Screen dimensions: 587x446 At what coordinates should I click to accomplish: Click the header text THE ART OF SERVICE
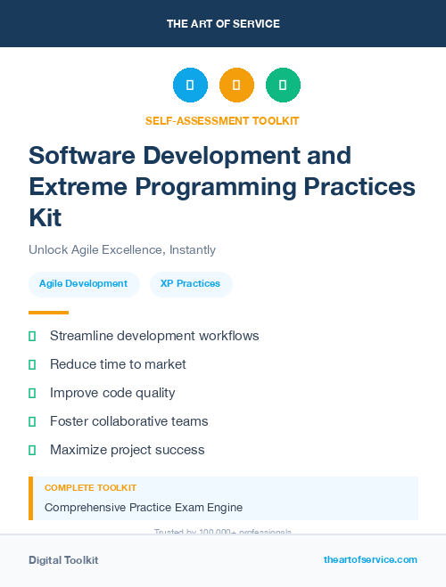tap(223, 24)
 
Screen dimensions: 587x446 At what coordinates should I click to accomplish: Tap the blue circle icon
tap(190, 86)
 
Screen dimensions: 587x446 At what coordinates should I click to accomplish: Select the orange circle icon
tap(236, 86)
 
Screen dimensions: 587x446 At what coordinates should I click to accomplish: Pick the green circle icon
tap(283, 86)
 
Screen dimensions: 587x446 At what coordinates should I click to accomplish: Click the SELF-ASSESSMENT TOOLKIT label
tap(222, 120)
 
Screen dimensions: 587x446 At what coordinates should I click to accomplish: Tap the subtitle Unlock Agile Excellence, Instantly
tap(122, 250)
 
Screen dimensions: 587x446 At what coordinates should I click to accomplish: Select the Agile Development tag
tap(83, 283)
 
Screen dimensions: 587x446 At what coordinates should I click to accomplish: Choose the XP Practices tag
tap(190, 283)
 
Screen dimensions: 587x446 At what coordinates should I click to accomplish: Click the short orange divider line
tap(48, 313)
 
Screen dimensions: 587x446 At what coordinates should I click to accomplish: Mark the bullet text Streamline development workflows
tap(154, 336)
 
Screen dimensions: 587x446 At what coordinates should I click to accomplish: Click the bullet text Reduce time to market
tap(118, 364)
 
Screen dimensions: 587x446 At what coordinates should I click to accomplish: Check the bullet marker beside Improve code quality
tap(32, 393)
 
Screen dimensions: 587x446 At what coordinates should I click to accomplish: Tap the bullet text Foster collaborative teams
tap(128, 421)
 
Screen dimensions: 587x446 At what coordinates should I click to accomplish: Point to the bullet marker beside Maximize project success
tap(32, 450)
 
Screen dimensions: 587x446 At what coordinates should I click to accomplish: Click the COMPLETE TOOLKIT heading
tap(90, 488)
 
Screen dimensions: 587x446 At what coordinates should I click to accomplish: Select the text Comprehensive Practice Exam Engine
tap(144, 508)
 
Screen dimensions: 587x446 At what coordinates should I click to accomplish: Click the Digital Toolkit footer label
tap(63, 560)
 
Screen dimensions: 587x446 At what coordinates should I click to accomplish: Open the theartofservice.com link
tap(370, 559)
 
